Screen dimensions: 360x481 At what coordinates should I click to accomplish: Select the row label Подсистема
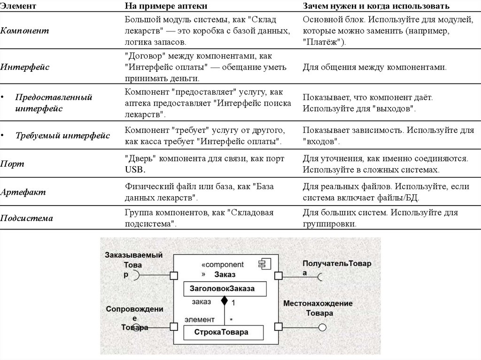coord(26,218)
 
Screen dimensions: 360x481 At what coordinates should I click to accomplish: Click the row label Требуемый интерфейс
coord(62,136)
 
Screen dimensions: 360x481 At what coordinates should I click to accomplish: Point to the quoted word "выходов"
coord(393,109)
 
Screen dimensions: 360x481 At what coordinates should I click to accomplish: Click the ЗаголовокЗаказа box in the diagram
coord(223,288)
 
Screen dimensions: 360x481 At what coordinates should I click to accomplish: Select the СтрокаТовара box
coord(223,332)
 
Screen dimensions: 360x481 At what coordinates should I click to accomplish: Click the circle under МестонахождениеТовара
coord(322,327)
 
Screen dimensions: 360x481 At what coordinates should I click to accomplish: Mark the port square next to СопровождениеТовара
coord(173,327)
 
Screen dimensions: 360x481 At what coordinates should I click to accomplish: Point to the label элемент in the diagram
coord(199,319)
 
